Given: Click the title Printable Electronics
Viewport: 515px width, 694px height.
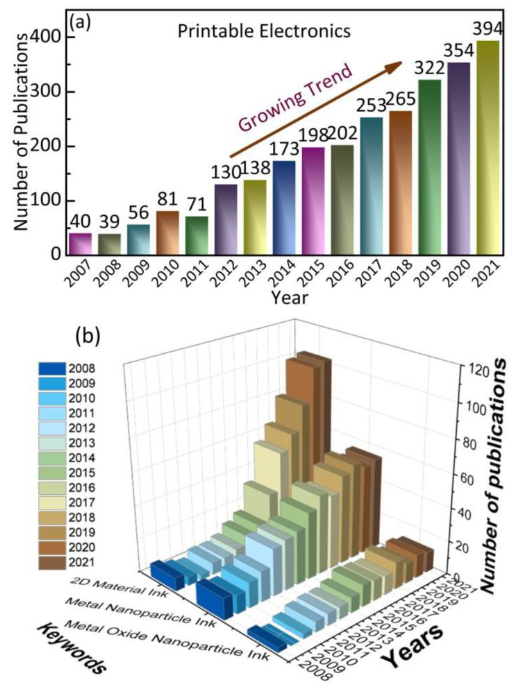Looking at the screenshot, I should [x=264, y=32].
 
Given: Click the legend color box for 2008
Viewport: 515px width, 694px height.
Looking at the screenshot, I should [x=52, y=369].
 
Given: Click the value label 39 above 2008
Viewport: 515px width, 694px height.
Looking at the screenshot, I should [x=110, y=222].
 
